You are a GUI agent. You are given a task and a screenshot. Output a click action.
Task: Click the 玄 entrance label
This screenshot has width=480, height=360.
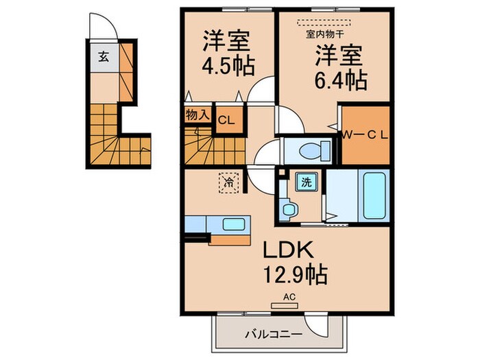[x=100, y=57]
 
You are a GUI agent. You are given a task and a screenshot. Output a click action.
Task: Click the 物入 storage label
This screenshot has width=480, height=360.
[x=197, y=115]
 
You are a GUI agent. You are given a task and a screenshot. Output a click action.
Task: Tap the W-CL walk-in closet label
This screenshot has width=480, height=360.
[x=365, y=134]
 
